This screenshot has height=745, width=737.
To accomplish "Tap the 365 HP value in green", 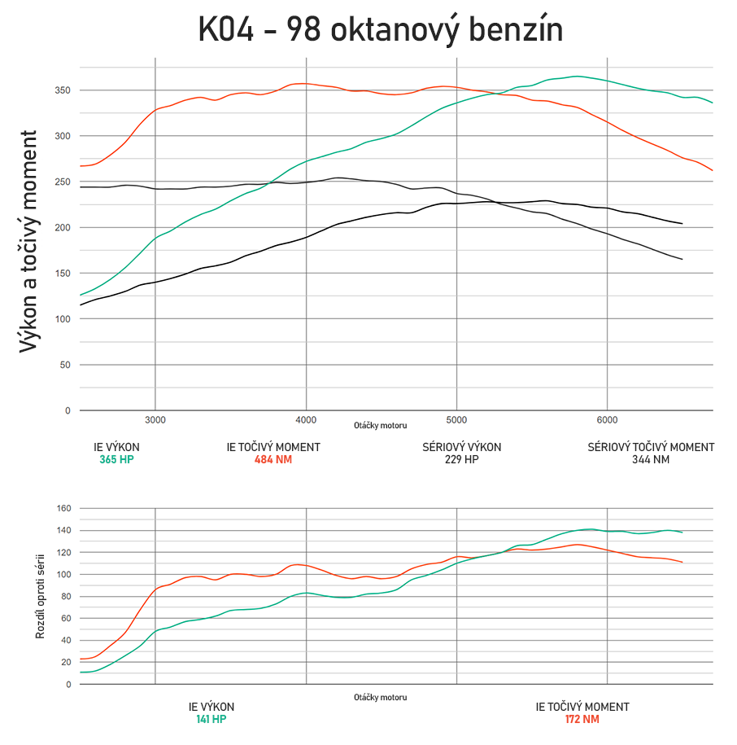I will tap(116, 459).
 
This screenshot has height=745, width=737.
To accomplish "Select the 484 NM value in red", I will tap(273, 459).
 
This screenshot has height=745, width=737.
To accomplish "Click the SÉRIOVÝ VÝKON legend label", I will tap(461, 447).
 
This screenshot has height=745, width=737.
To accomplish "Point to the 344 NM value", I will tap(651, 459).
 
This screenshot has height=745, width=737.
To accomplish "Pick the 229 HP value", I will tap(461, 459).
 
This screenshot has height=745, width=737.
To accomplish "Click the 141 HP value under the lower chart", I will tap(211, 719).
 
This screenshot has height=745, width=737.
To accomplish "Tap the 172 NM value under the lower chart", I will tap(582, 719).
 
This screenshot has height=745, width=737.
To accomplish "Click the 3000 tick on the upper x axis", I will tap(155, 420).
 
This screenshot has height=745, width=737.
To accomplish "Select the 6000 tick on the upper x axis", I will tap(607, 420).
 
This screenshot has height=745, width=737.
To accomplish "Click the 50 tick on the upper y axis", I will tap(66, 365).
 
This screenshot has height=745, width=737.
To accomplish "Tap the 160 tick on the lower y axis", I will tap(63, 509).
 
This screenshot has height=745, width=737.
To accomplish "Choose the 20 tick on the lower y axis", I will tap(66, 662).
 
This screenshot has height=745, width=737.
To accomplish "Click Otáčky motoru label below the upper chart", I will tap(380, 426).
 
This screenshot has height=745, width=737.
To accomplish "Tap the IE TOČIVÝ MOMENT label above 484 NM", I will tap(273, 447).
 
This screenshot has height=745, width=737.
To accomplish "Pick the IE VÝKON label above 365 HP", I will tap(116, 447).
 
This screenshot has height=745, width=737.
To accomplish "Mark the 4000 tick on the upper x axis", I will tap(306, 420).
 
